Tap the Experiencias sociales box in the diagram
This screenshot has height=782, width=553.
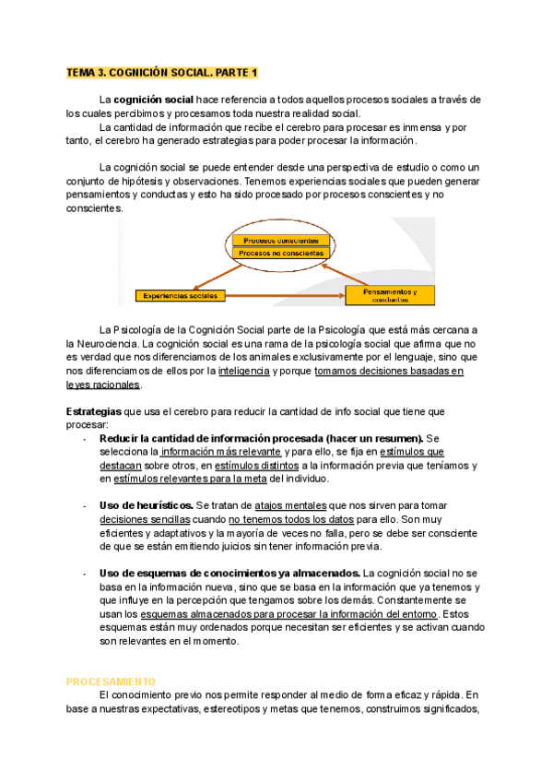coord(180,296)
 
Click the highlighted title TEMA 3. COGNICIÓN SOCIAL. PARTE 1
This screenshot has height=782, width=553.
coord(163,72)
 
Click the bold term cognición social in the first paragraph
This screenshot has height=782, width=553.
coord(153,99)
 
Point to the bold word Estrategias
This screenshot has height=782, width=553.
coord(93,411)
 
